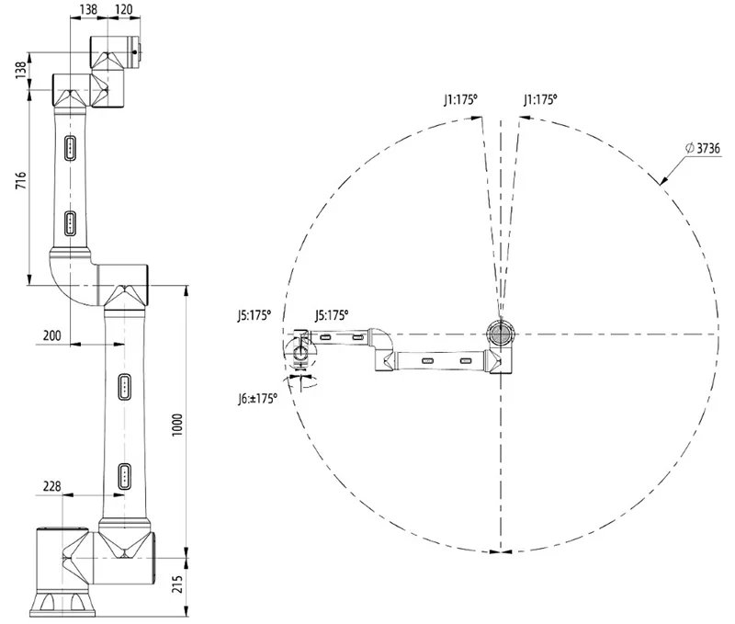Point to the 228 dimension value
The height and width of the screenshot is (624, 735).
(x=51, y=487)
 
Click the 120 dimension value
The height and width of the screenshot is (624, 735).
(x=123, y=11)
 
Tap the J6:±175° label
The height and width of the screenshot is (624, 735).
(x=256, y=399)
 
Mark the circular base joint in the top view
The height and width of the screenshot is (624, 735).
(x=501, y=333)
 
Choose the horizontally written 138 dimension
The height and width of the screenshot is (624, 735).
(x=89, y=11)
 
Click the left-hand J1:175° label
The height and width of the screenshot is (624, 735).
(x=460, y=97)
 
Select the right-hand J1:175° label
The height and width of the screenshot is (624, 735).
(x=539, y=97)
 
